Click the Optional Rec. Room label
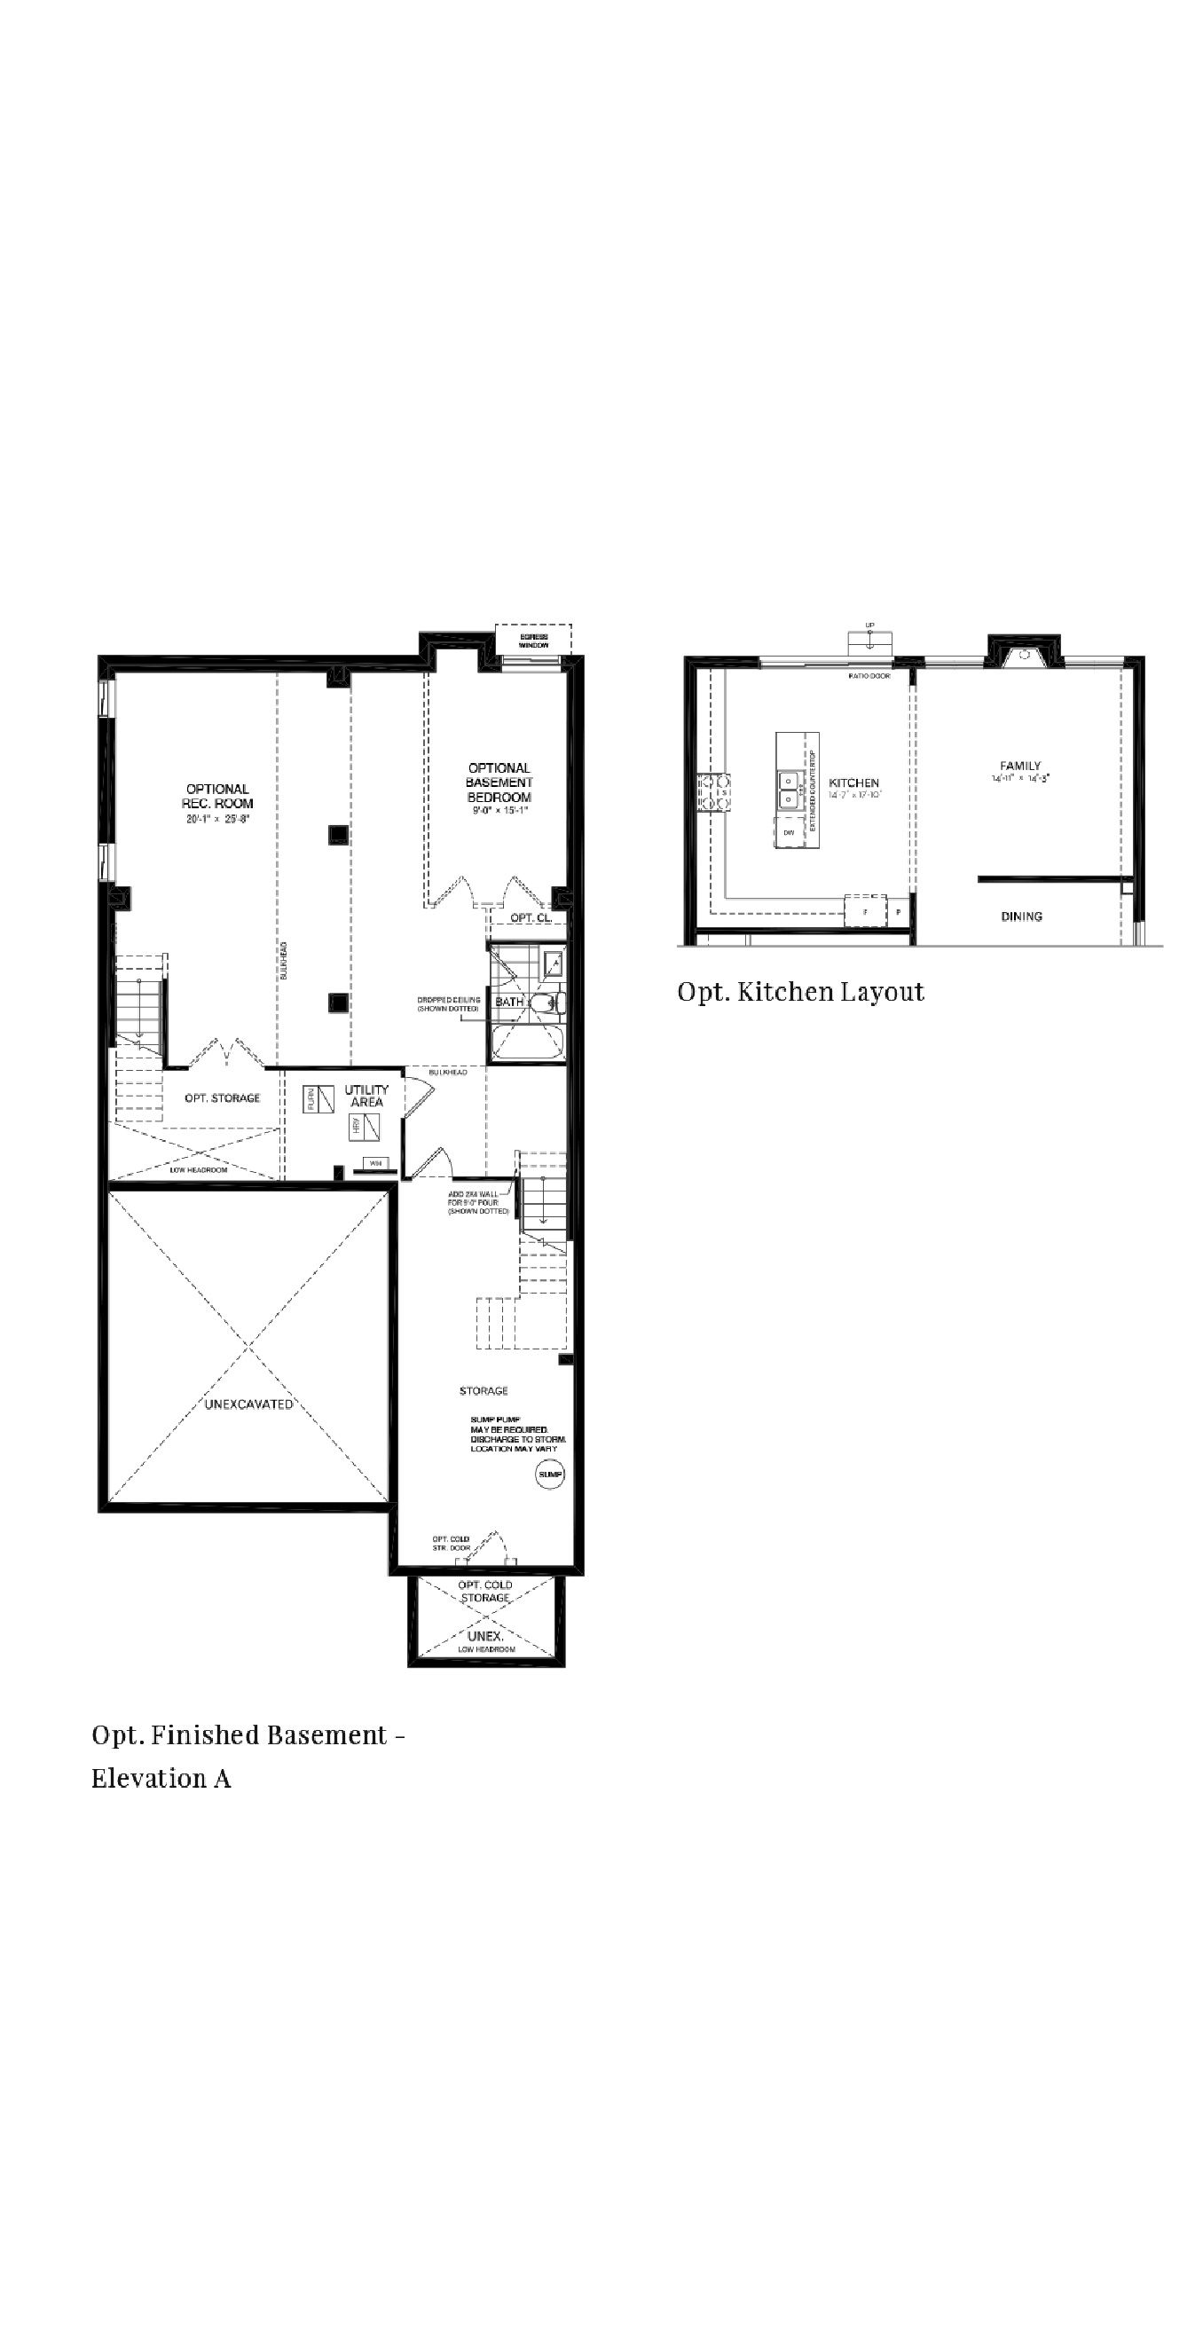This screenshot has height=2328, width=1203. [218, 796]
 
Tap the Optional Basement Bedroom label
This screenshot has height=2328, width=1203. [499, 783]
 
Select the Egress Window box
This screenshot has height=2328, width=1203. [533, 641]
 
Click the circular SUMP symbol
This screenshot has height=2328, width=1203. [549, 1474]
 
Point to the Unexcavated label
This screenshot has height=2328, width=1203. [248, 1404]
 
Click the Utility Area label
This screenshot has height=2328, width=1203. [366, 1096]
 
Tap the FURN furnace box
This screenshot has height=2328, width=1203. [318, 1099]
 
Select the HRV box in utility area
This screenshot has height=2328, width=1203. [365, 1127]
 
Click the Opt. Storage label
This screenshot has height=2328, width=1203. [223, 1098]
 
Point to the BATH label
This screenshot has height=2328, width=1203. [508, 1003]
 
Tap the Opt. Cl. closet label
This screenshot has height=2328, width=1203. [531, 918]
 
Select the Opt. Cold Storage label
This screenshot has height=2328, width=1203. [485, 1592]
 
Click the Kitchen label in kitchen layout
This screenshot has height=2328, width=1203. [853, 783]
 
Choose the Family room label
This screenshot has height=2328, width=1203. [1019, 766]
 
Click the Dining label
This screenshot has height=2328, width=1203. [1021, 916]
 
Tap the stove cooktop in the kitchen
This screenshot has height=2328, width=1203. [713, 792]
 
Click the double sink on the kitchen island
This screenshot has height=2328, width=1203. [789, 789]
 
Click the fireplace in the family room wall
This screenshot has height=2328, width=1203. [1024, 656]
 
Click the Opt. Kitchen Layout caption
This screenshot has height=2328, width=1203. [801, 992]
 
